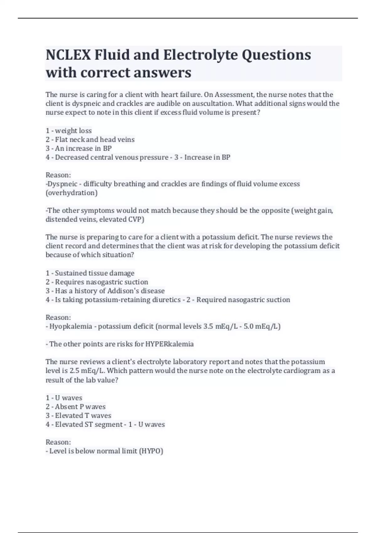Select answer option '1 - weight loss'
[x=69, y=130]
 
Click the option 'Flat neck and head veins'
[x=95, y=140]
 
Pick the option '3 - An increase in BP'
[x=79, y=148]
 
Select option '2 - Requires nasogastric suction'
[x=97, y=282]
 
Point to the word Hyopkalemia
[x=70, y=326]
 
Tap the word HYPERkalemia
[x=169, y=344]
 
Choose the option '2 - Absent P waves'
[x=76, y=407]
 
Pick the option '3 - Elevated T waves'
[x=78, y=415]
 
